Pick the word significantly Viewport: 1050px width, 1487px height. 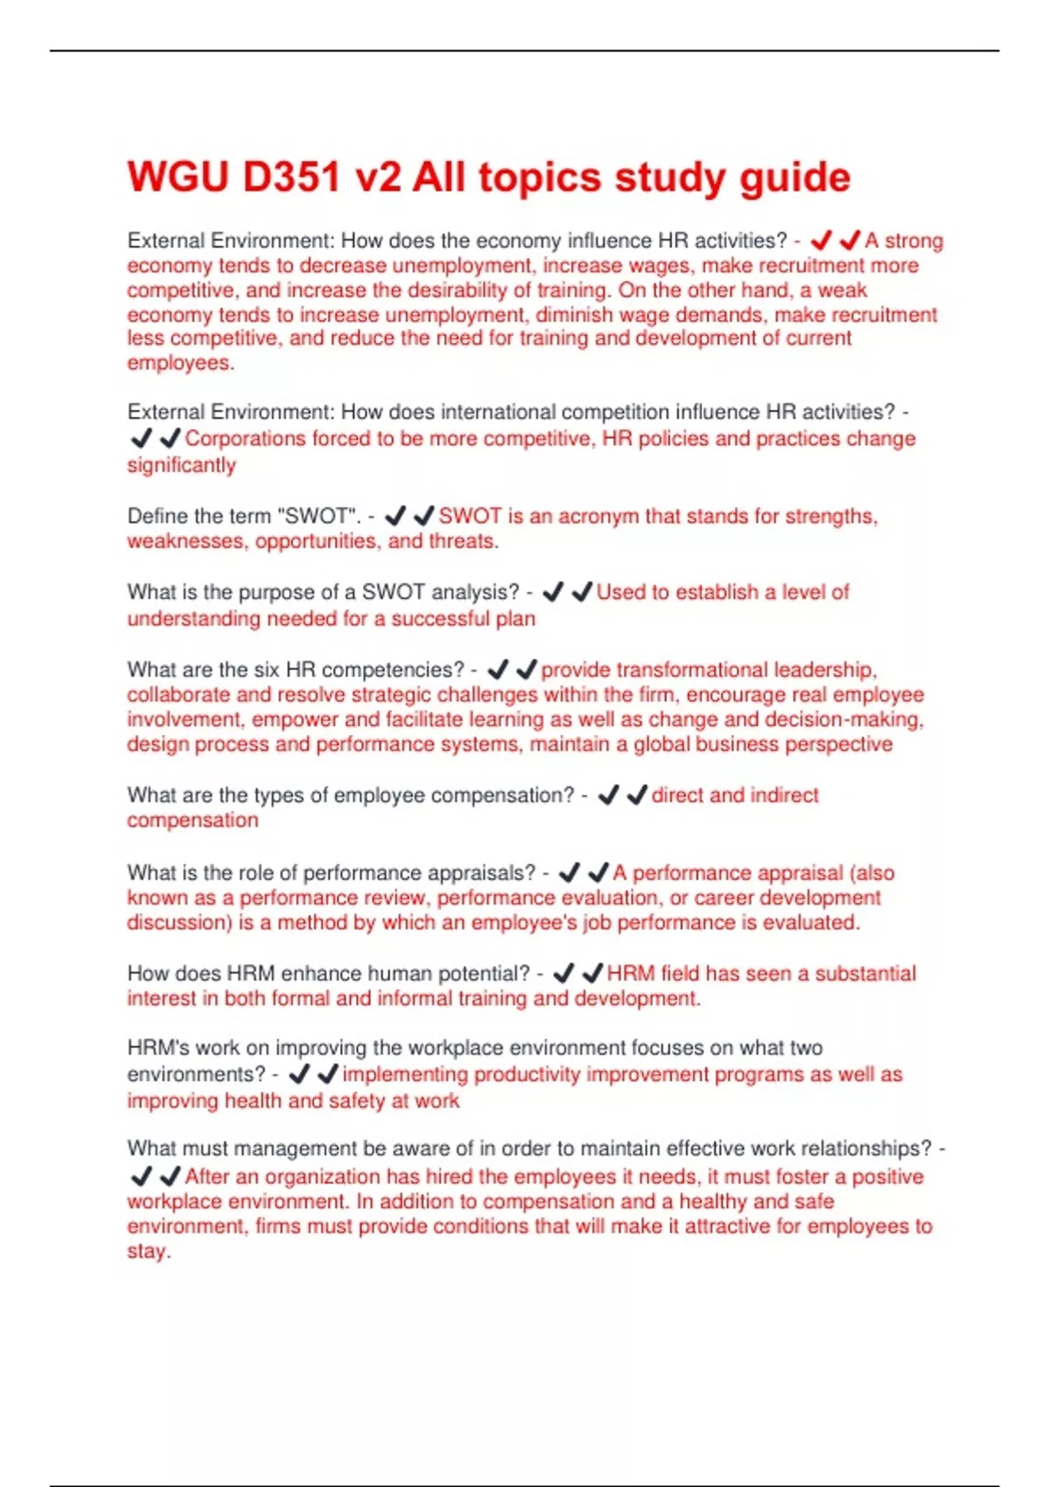(181, 464)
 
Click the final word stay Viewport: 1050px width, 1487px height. (147, 1252)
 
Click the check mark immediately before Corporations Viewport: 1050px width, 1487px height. (170, 438)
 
